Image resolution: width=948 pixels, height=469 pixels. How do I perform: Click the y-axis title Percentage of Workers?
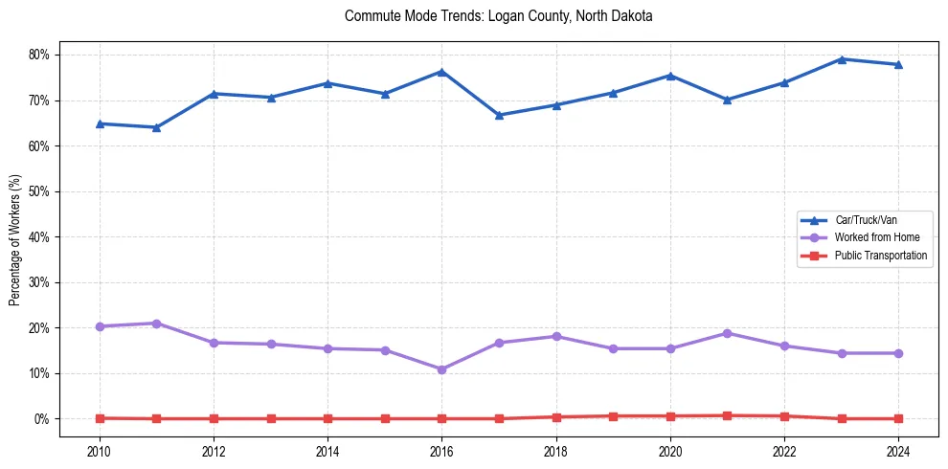click(x=14, y=239)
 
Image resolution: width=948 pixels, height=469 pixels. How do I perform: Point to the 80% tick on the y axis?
click(x=38, y=55)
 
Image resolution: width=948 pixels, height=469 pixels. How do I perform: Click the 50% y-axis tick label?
click(x=38, y=191)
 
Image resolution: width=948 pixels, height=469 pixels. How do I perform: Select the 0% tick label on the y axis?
click(x=41, y=419)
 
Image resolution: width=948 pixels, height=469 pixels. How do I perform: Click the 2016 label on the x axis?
click(x=441, y=451)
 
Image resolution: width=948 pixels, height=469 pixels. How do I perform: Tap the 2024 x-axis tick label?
click(x=898, y=451)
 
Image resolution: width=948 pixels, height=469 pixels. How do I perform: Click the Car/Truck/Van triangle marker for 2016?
click(x=441, y=72)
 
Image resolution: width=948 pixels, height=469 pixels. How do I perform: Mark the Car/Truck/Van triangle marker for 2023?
click(x=841, y=59)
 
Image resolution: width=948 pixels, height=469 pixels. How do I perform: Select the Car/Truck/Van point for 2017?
click(x=499, y=115)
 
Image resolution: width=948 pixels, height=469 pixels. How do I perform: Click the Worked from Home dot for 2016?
click(x=441, y=369)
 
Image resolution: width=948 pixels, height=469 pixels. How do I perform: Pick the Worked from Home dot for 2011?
click(x=156, y=324)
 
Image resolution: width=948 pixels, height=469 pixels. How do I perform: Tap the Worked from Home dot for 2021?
click(x=727, y=333)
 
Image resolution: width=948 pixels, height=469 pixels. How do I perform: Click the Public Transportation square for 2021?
click(x=727, y=415)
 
